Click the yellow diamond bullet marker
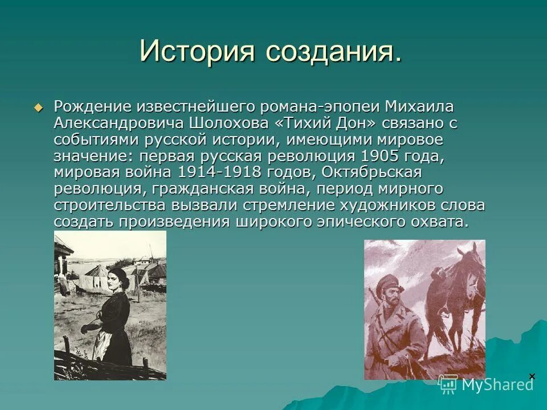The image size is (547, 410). pyautogui.click(x=39, y=107)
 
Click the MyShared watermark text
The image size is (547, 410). pyautogui.click(x=497, y=384)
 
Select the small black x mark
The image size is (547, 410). pyautogui.click(x=532, y=376)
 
